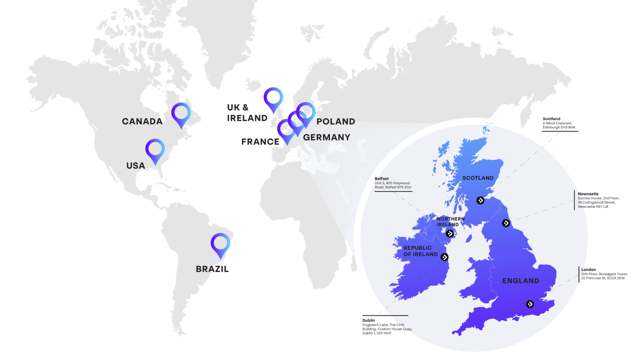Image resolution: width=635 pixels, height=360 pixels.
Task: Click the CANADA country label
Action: tap(142, 122)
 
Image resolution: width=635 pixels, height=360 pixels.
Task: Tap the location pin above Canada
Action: tap(181, 112)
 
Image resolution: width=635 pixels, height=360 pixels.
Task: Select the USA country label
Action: tap(136, 166)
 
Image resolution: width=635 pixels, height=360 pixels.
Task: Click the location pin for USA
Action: tap(155, 149)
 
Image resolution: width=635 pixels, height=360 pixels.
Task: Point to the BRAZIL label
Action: tap(212, 269)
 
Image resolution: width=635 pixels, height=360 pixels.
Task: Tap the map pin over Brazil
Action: tap(220, 243)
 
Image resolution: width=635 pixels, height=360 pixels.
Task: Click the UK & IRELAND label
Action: tap(247, 113)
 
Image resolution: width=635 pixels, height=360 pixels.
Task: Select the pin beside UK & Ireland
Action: tap(273, 98)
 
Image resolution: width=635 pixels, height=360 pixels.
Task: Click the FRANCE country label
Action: tap(260, 142)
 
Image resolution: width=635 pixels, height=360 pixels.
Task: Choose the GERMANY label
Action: tap(327, 137)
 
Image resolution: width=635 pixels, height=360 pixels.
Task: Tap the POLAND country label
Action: tap(336, 122)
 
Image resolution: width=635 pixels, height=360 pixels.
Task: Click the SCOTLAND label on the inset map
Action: tap(478, 178)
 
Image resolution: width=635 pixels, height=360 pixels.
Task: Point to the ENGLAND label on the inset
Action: tap(520, 281)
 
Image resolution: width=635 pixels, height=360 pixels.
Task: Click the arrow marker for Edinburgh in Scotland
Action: tap(480, 200)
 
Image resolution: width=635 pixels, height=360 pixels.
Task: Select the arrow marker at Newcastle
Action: tap(506, 223)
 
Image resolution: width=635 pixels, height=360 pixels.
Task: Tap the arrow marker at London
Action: tap(530, 304)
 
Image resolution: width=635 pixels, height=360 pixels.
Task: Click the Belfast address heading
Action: tap(382, 179)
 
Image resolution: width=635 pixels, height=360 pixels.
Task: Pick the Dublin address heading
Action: tap(369, 320)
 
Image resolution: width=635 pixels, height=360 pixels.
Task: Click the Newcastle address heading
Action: tap(588, 194)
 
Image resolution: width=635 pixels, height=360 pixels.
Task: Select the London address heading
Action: tap(588, 269)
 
